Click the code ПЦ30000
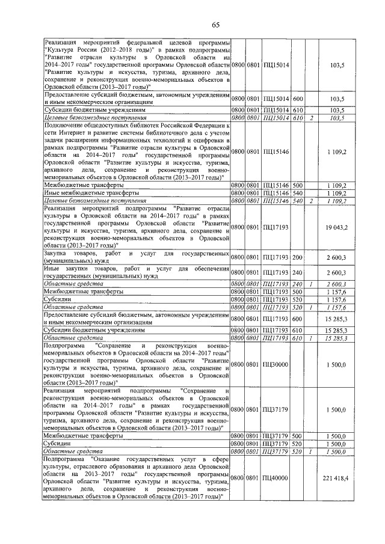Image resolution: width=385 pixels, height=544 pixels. [x=277, y=364]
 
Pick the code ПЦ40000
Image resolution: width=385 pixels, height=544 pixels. [x=277, y=478]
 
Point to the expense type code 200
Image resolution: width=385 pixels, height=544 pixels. [x=297, y=257]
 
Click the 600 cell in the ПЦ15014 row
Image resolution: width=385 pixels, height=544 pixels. [x=297, y=98]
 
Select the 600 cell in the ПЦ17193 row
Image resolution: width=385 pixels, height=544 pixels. [x=297, y=319]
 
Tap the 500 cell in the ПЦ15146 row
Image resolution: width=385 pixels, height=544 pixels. [x=297, y=186]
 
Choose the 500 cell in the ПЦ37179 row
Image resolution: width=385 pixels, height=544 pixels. [x=297, y=435]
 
